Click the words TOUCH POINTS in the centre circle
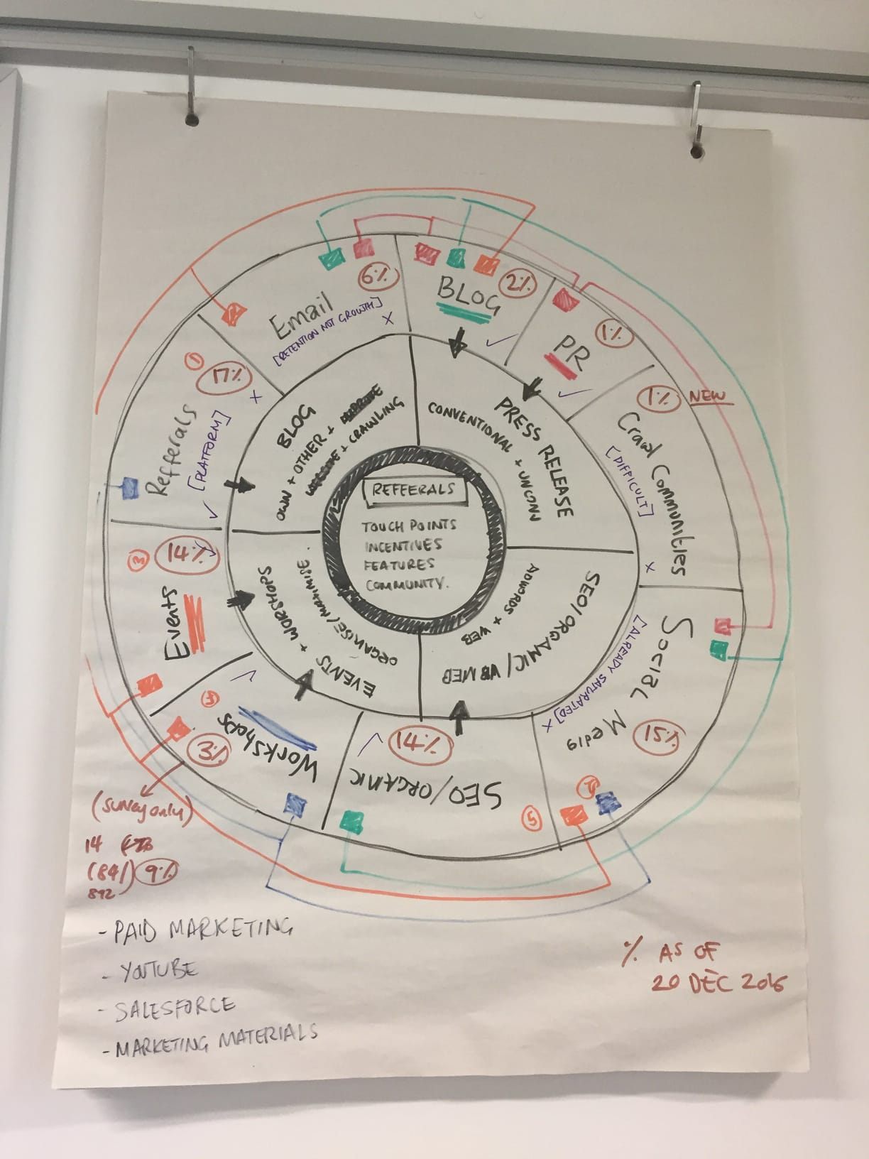pos(409,527)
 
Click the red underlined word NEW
pos(711,396)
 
